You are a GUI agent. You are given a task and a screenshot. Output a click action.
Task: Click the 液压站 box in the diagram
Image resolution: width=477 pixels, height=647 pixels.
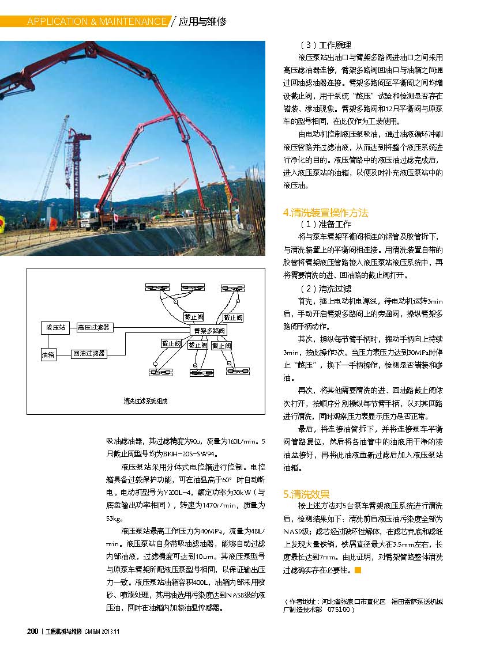(x=55, y=327)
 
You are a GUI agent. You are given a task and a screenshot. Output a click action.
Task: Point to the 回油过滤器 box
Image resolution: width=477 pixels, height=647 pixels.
(x=89, y=353)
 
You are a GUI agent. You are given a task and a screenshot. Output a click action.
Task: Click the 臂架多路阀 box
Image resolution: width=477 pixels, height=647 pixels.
(x=209, y=331)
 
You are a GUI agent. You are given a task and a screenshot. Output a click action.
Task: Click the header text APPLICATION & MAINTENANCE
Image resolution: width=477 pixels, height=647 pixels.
(x=96, y=22)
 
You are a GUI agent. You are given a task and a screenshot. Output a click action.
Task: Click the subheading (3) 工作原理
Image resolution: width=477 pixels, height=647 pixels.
(x=325, y=45)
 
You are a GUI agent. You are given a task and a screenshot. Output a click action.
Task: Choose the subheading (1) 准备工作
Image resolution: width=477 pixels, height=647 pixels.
(x=325, y=224)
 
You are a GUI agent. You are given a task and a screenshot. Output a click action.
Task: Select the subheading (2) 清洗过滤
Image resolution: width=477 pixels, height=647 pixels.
(x=325, y=288)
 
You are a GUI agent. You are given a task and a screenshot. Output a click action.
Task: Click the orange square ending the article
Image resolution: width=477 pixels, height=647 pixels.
(x=358, y=570)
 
